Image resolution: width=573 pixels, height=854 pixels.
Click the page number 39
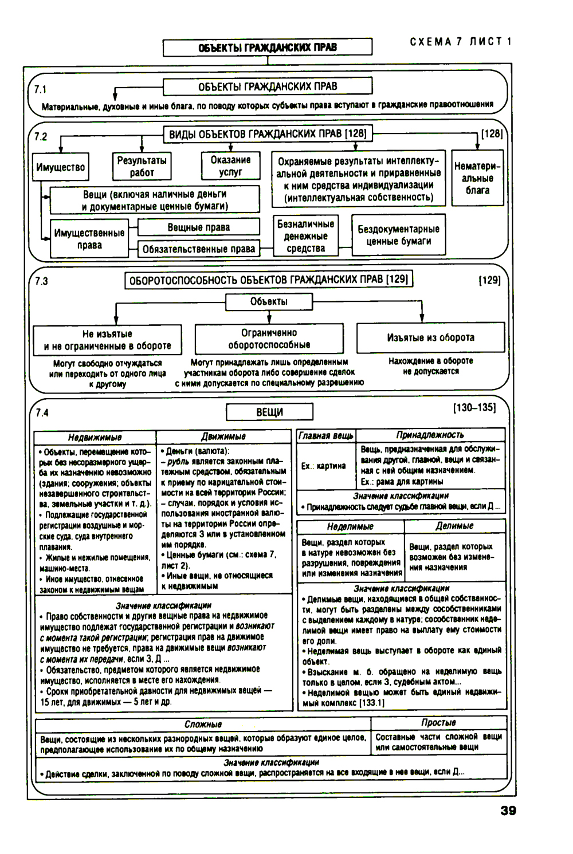(508, 810)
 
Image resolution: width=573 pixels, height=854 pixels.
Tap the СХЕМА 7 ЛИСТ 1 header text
(461, 42)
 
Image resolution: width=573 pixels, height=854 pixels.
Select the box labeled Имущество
(60, 167)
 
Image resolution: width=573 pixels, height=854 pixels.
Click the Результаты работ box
(142, 167)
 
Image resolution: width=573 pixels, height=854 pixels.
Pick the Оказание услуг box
(230, 166)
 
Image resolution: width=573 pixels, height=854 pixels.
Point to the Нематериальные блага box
(477, 178)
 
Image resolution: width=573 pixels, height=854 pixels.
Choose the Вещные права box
(198, 227)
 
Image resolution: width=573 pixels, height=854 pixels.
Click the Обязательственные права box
(198, 249)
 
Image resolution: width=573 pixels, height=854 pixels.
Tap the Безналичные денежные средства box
(305, 236)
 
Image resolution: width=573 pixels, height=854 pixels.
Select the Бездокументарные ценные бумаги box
(398, 235)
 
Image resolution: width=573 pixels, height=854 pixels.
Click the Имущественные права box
(89, 239)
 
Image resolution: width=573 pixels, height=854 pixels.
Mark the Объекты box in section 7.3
(269, 302)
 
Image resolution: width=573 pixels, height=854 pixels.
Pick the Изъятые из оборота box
(430, 338)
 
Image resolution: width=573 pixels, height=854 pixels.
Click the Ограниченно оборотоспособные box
(269, 339)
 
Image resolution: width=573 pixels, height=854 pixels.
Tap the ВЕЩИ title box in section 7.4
(269, 412)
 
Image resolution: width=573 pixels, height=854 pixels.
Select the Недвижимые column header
(95, 437)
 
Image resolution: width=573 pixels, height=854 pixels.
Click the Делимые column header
(454, 526)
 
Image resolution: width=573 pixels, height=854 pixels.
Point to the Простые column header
(438, 723)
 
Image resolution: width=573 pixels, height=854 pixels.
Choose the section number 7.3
(41, 281)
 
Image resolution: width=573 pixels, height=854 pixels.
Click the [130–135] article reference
(474, 407)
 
